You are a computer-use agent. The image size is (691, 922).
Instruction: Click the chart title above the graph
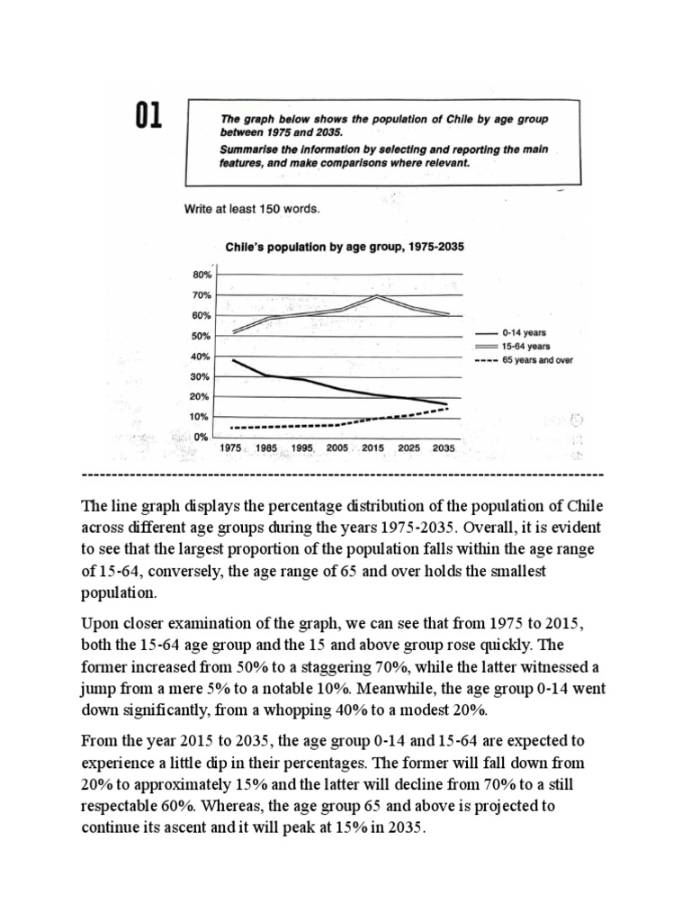pos(337,245)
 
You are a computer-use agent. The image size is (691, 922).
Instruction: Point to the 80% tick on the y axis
pos(201,275)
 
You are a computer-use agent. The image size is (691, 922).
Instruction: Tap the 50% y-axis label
pos(201,336)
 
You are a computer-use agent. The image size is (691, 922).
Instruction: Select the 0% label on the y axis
pos(203,437)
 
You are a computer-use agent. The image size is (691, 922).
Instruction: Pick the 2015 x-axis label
pos(373,447)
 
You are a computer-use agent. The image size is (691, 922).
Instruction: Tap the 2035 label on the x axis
pos(444,447)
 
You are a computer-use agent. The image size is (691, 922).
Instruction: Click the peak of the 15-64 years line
pos(374,296)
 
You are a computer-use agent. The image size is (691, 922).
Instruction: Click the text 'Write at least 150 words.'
pos(252,209)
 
